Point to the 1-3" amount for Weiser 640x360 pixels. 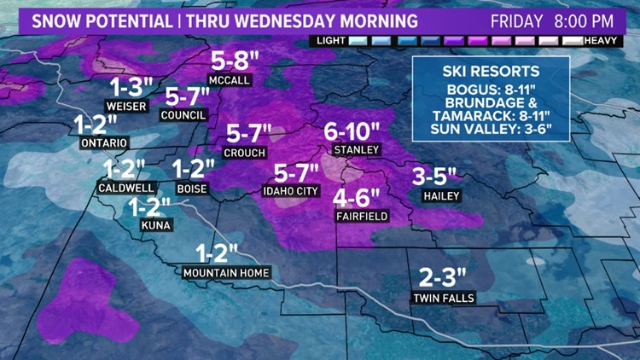(x=131, y=86)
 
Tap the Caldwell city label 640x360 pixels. (x=125, y=187)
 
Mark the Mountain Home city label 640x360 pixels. (x=226, y=273)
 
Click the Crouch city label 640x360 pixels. (x=244, y=153)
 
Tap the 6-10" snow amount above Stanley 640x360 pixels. (x=352, y=131)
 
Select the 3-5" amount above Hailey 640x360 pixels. (x=434, y=176)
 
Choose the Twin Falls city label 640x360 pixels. (x=443, y=298)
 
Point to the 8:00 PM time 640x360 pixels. (x=586, y=18)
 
